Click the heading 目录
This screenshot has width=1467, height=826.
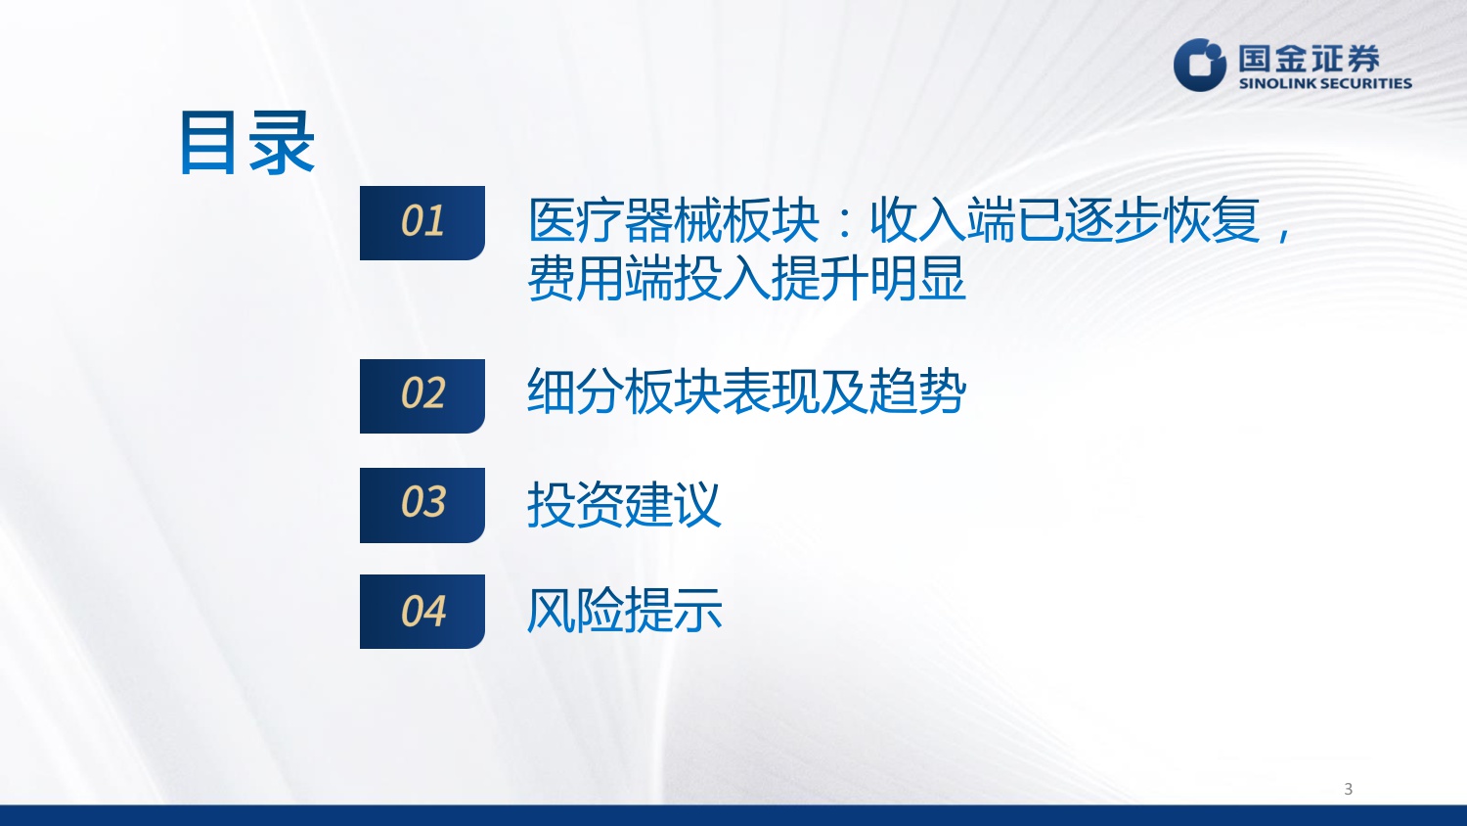246,143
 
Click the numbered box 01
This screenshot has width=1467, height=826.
422,222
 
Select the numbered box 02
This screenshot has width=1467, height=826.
422,395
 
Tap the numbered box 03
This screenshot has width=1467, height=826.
422,504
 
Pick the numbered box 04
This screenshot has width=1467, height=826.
422,612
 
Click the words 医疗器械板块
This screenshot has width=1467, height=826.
673,220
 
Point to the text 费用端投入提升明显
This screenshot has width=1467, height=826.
746,279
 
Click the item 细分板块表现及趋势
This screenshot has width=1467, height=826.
746,392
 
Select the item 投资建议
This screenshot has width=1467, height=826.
624,505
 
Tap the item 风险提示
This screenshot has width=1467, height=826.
624,611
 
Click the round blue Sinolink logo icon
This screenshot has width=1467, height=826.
1200,65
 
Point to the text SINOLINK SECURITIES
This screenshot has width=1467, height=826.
1325,84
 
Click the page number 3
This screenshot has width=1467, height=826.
1348,789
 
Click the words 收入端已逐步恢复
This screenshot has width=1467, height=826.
1064,220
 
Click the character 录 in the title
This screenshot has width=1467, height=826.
282,143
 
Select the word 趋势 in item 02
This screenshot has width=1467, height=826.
917,392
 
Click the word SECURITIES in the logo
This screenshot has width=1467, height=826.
1363,84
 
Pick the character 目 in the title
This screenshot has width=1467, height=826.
210,143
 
